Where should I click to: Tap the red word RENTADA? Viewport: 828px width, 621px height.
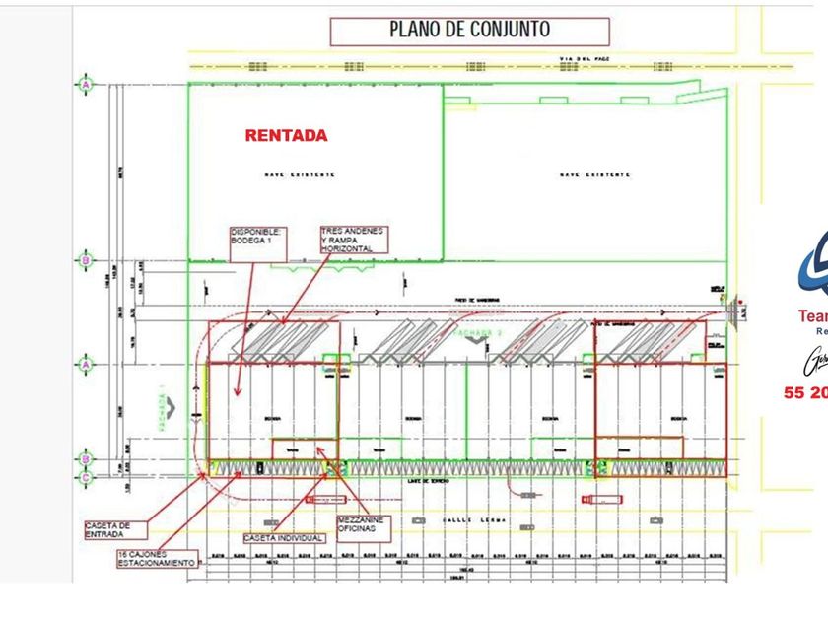coord(286,135)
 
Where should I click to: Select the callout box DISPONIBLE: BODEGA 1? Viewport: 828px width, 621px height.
coord(258,242)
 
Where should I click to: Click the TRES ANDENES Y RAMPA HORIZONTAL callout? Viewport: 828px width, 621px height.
coord(353,240)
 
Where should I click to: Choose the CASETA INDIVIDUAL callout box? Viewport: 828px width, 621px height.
coord(284,538)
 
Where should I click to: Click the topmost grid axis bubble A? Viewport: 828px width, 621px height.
coord(87,85)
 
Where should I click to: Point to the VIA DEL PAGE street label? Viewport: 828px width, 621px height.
coord(586,60)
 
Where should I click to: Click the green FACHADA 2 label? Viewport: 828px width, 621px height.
coord(477,333)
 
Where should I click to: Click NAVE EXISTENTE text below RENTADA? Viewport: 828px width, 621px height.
coord(299,174)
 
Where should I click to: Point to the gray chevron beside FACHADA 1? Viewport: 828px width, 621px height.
coord(171,405)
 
